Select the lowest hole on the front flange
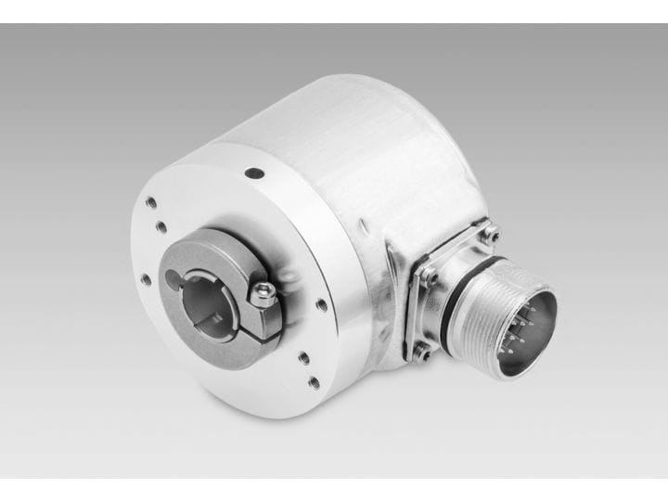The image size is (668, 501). [x=315, y=381]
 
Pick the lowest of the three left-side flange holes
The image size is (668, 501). [x=146, y=278]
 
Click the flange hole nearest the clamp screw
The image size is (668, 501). [x=321, y=303]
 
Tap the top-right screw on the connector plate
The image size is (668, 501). [x=489, y=233]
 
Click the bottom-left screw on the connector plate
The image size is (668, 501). [x=420, y=351]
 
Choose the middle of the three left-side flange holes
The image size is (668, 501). [x=161, y=227]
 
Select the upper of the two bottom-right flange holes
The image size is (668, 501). [x=305, y=354]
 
